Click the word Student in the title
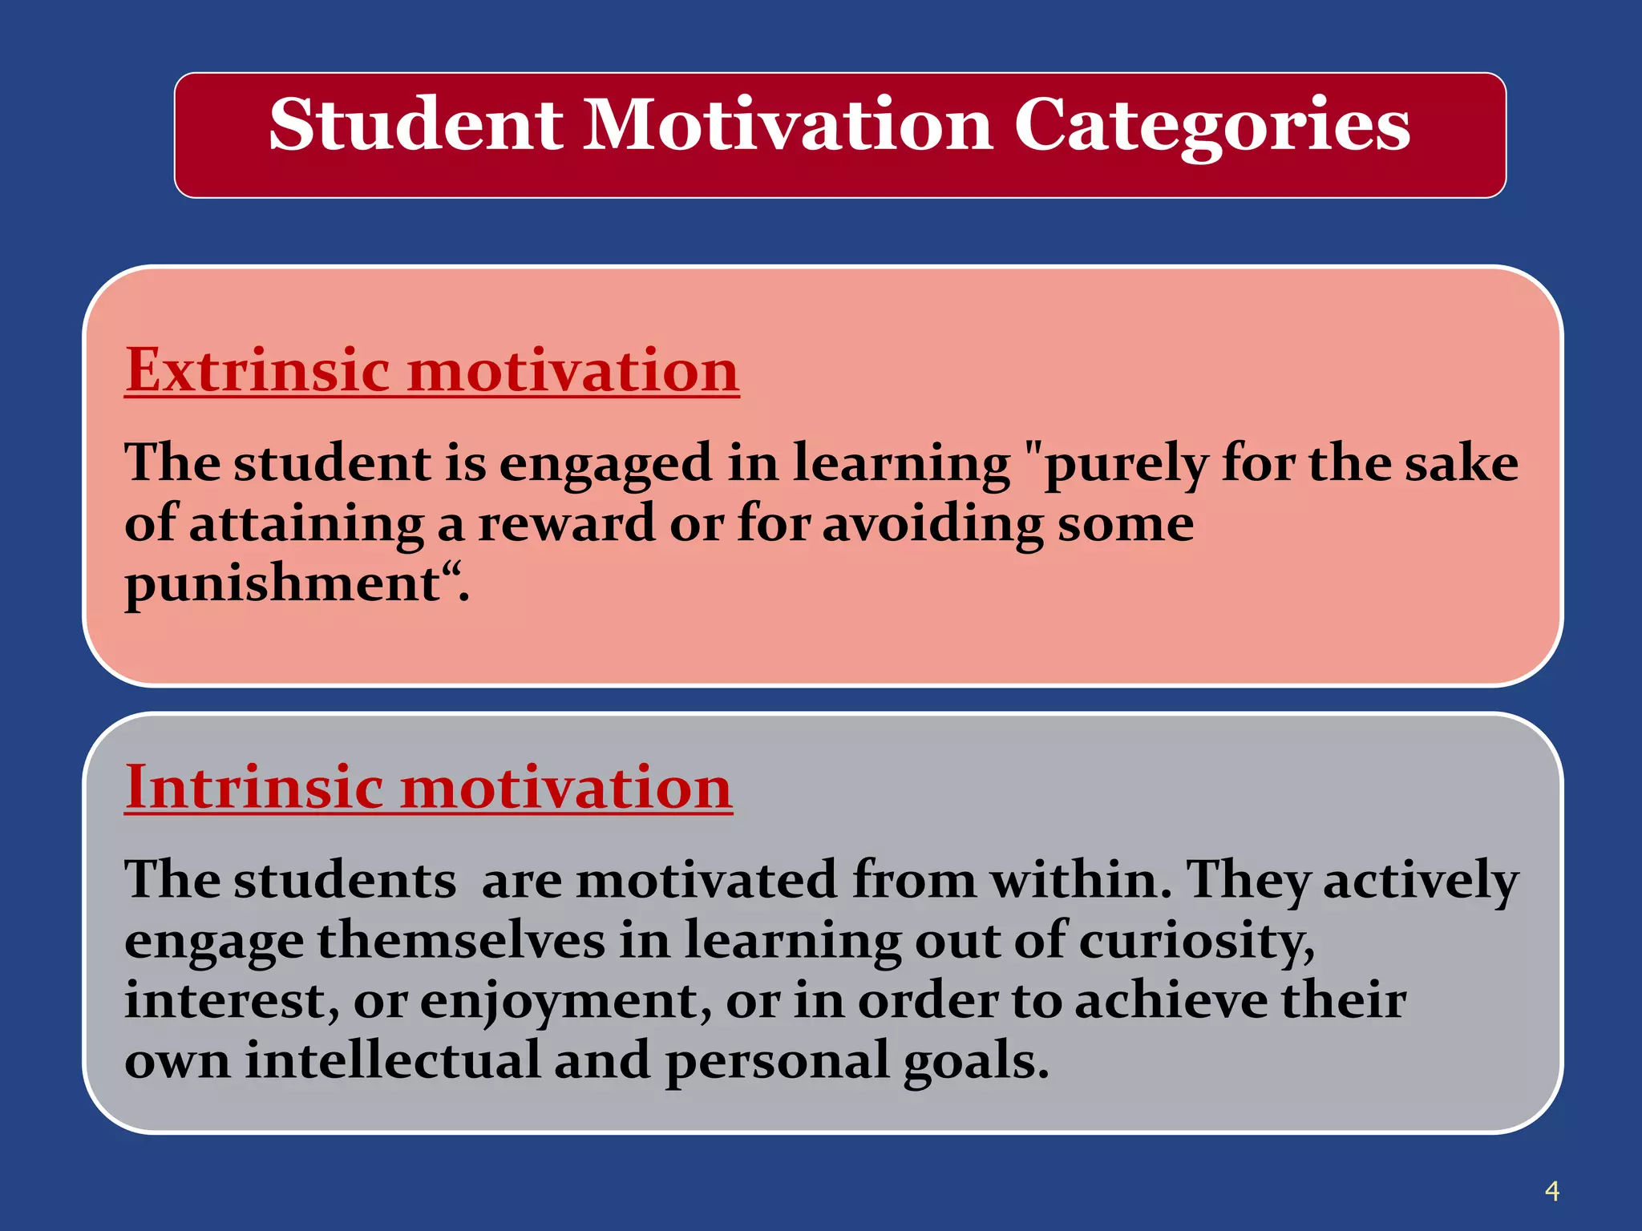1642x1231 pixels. (415, 125)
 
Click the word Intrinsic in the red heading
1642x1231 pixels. (254, 787)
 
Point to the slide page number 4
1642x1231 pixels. (1551, 1191)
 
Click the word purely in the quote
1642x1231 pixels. (1127, 466)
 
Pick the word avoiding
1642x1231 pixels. (932, 524)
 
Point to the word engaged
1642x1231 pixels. (605, 466)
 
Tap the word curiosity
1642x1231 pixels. (1195, 941)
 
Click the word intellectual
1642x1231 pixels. (392, 1060)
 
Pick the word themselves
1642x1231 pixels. (461, 940)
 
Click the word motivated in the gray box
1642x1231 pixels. (706, 880)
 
